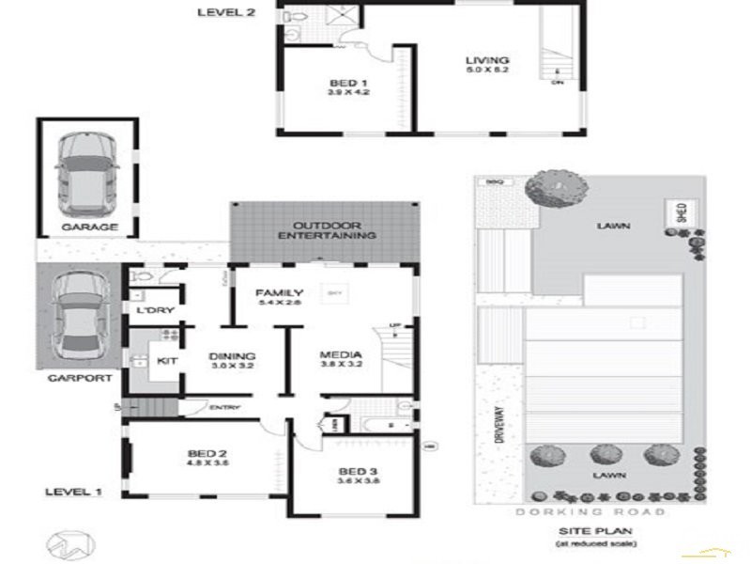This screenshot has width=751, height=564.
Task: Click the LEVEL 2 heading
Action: tap(225, 12)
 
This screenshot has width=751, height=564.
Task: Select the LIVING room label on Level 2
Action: tap(486, 64)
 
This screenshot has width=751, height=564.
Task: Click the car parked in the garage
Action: tap(87, 169)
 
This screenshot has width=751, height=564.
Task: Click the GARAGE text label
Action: tap(90, 227)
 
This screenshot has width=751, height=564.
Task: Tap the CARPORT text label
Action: tap(83, 378)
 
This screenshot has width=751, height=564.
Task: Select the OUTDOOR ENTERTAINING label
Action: tap(327, 230)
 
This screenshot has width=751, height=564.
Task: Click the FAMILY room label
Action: tap(280, 292)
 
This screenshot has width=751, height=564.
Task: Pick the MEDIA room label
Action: tap(341, 356)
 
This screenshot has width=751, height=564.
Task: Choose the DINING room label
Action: tap(232, 356)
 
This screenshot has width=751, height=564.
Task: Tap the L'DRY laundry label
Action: tap(150, 310)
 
